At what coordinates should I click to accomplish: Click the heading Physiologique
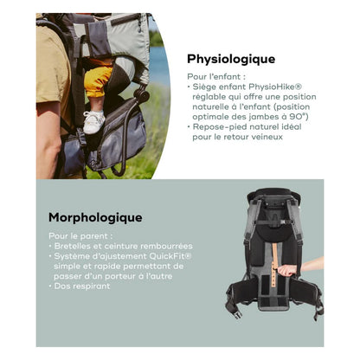coord(231,60)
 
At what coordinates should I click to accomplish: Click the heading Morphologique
coord(95,218)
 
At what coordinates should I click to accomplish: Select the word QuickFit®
coord(170,256)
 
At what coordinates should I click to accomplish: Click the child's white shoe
coord(93,121)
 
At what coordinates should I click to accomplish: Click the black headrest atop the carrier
coord(273,193)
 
